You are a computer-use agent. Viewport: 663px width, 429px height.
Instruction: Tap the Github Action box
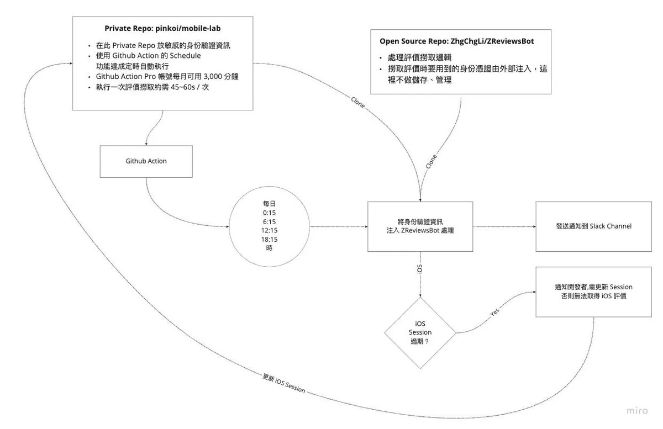click(x=146, y=161)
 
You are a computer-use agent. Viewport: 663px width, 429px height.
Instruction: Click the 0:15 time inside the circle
click(x=270, y=213)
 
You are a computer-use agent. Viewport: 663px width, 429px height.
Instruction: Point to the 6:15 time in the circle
click(x=270, y=221)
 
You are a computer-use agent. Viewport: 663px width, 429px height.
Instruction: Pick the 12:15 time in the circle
click(x=270, y=230)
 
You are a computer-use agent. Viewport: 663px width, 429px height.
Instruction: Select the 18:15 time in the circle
click(x=270, y=239)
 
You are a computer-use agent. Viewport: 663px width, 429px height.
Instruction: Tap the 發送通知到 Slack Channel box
click(x=593, y=226)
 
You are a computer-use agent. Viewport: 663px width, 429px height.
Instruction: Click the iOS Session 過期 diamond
click(x=420, y=333)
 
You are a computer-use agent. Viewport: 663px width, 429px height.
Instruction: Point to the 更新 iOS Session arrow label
click(x=283, y=384)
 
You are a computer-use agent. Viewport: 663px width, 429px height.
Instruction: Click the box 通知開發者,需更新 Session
click(x=593, y=292)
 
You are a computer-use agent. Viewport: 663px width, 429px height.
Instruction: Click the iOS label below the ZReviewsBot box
click(x=420, y=270)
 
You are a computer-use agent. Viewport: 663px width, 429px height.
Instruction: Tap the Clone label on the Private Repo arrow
click(x=358, y=102)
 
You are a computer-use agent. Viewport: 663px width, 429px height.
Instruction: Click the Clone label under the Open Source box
click(x=431, y=161)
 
